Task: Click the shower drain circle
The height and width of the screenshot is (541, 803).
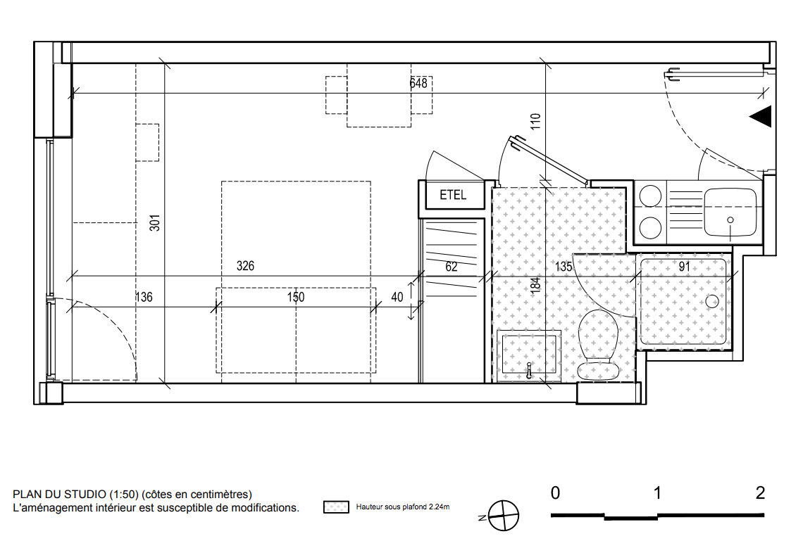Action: point(712,301)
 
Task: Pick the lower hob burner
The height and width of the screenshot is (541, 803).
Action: point(650,227)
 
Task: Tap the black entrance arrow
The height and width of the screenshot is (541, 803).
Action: point(761,117)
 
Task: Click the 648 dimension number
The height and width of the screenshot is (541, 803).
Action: point(418,83)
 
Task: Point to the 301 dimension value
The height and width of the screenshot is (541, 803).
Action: point(155,222)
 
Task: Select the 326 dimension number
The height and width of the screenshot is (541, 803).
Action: point(245,266)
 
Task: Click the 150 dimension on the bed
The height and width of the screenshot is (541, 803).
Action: point(296,297)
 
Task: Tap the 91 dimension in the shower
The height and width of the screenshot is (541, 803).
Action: point(684,267)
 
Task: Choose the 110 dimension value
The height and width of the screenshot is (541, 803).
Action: point(535,121)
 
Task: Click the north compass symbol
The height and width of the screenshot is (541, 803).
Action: point(503,516)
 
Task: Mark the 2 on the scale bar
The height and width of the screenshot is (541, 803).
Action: point(760,493)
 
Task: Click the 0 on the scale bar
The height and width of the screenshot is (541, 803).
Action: point(555,493)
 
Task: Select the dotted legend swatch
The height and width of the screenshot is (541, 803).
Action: point(336,507)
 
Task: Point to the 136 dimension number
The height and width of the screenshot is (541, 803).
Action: point(144,297)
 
